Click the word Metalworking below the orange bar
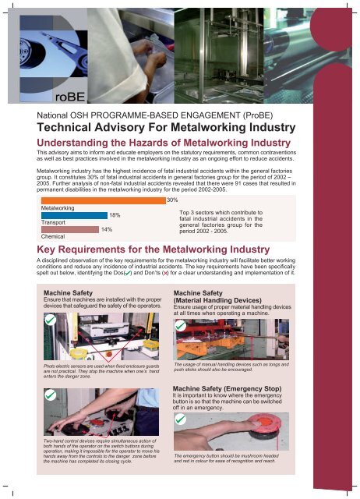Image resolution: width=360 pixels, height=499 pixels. (58, 208)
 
